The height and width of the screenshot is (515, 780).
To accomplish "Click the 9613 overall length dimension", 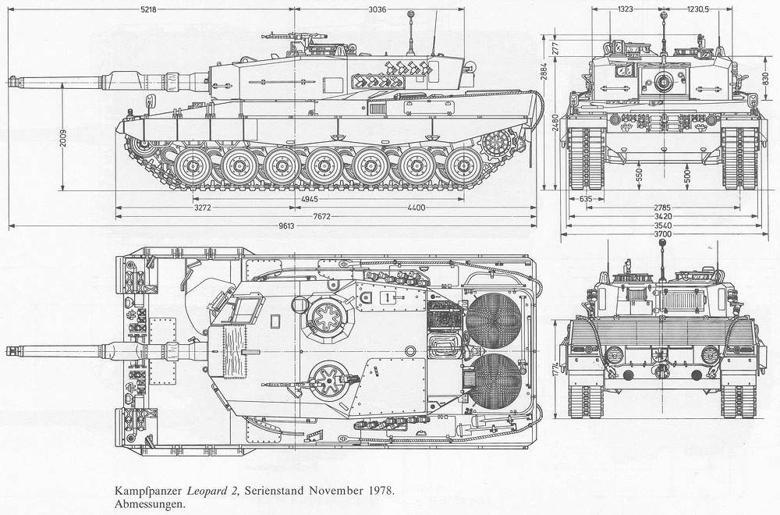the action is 287,226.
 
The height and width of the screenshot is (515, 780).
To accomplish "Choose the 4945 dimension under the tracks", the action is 310,199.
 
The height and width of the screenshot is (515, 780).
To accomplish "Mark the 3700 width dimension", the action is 662,234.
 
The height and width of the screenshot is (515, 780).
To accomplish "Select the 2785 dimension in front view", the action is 662,208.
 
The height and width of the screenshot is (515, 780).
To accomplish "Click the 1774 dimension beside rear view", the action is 555,371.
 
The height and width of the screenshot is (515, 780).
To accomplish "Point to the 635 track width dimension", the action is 587,199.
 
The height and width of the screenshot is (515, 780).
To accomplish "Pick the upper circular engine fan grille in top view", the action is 494,319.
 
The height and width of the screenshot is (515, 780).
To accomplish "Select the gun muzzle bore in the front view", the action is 662,81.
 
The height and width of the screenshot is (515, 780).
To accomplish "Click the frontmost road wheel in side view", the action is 193,167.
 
